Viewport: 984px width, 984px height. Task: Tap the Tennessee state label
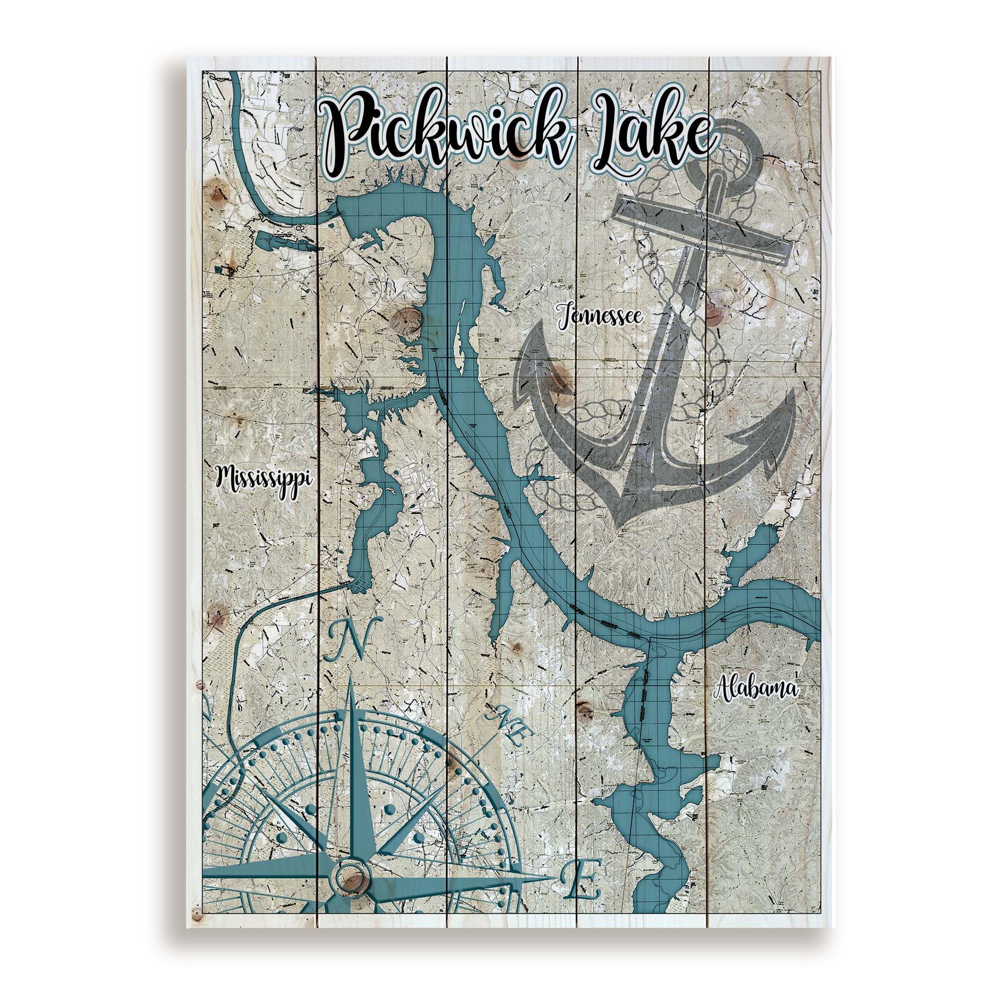coord(600,317)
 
